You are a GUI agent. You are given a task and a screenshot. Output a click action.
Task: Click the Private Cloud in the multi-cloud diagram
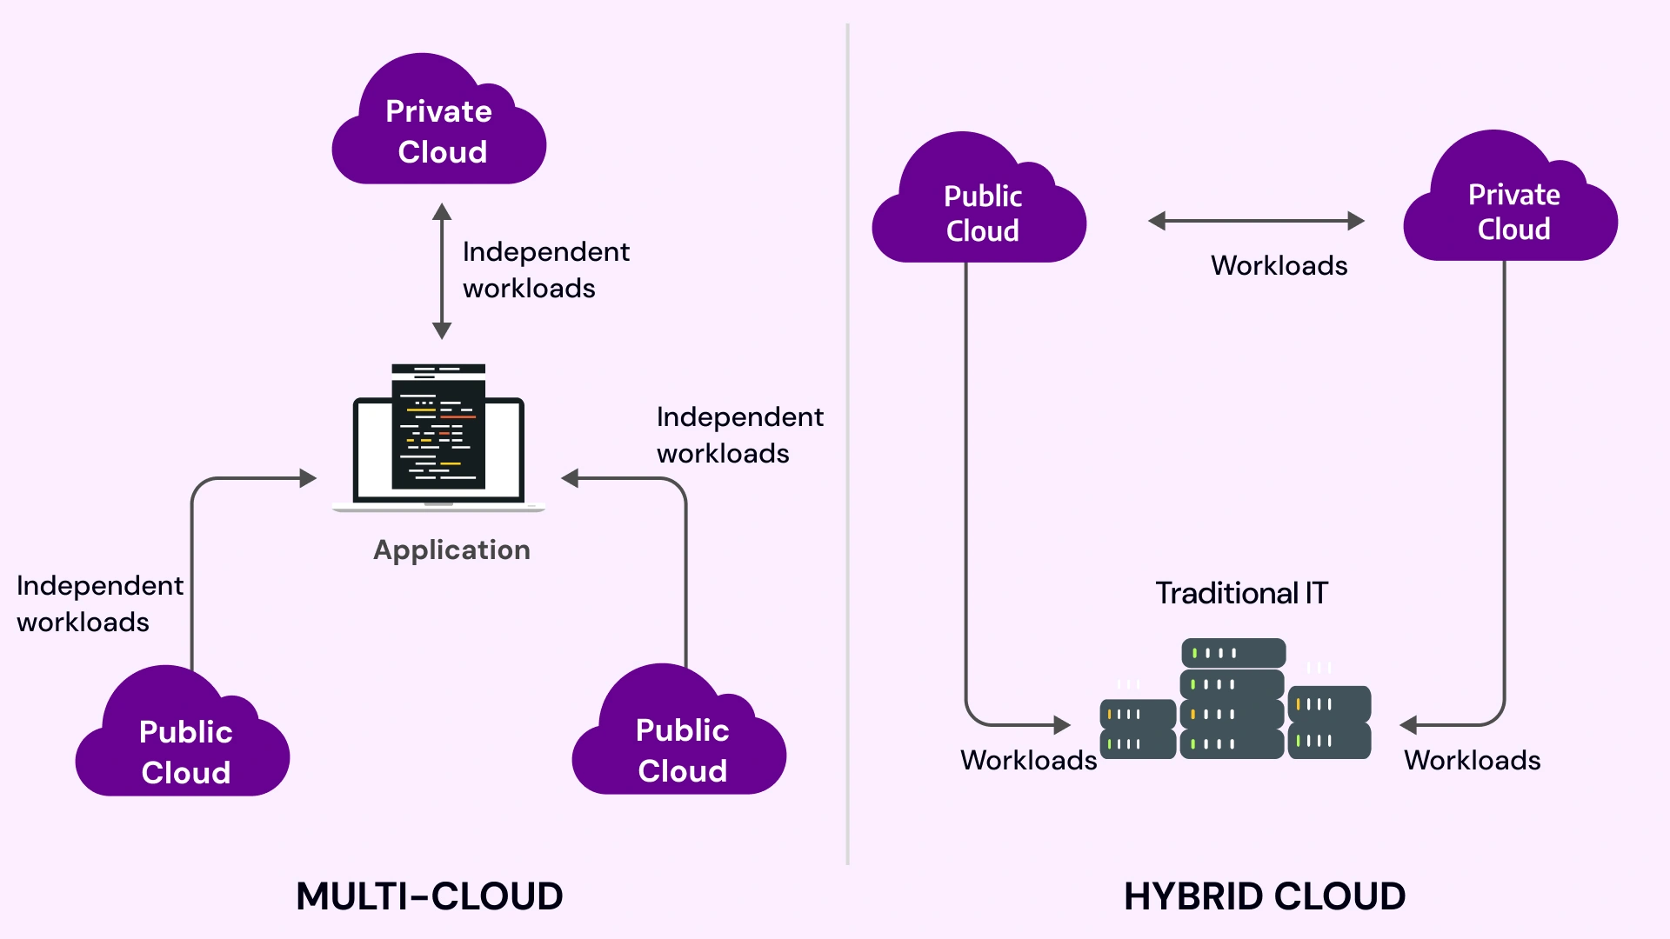pyautogui.click(x=439, y=130)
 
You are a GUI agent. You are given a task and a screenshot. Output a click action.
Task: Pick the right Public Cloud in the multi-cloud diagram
pyautogui.click(x=680, y=748)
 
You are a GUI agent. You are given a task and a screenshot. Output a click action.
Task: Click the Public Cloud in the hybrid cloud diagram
pyautogui.click(x=981, y=212)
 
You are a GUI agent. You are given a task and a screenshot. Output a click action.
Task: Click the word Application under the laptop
pyautogui.click(x=451, y=549)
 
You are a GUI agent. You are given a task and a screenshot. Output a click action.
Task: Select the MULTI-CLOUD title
pyautogui.click(x=430, y=896)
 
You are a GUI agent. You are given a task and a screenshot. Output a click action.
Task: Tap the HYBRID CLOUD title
pyautogui.click(x=1264, y=896)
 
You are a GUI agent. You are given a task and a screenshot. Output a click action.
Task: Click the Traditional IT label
pyautogui.click(x=1241, y=593)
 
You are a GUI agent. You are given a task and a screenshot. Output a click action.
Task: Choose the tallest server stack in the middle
pyautogui.click(x=1232, y=699)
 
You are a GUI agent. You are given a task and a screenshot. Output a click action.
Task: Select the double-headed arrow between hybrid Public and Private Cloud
pyautogui.click(x=1256, y=221)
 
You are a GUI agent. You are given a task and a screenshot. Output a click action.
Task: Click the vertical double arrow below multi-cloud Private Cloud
pyautogui.click(x=442, y=271)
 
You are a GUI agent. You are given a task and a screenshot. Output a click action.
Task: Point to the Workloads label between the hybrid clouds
pyautogui.click(x=1279, y=265)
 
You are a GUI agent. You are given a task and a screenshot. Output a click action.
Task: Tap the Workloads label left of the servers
pyautogui.click(x=1028, y=760)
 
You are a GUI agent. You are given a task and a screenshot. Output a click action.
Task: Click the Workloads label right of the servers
pyautogui.click(x=1472, y=760)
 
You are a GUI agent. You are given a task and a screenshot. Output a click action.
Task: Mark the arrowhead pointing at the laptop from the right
pyautogui.click(x=571, y=478)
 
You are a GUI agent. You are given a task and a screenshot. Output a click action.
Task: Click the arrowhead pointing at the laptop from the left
pyautogui.click(x=307, y=478)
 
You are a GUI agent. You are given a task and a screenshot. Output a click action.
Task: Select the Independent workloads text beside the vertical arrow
pyautogui.click(x=545, y=270)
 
